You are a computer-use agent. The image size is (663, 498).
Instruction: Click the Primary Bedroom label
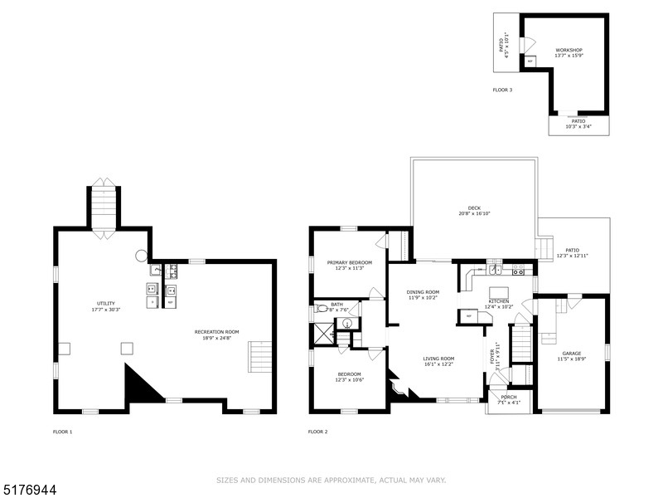349,262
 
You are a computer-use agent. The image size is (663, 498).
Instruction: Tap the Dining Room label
423,292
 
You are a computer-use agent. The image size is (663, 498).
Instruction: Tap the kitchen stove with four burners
520,271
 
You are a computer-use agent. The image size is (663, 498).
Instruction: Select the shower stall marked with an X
321,334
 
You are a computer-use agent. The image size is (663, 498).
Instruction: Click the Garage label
573,354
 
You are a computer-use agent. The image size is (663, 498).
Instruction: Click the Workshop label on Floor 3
569,50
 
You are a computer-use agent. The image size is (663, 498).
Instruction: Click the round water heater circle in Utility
142,256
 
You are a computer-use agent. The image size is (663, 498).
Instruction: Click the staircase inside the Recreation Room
259,356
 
